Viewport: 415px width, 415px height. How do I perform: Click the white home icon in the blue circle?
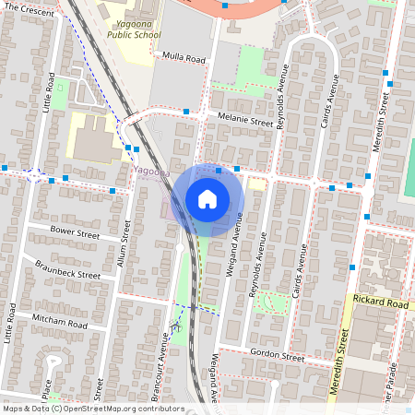click(x=207, y=199)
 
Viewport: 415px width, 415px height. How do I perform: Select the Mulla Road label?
click(x=184, y=57)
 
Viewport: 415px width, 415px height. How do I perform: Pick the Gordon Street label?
click(x=276, y=355)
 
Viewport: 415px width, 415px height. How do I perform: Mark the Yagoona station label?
click(x=150, y=172)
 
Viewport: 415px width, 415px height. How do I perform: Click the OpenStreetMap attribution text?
click(x=92, y=408)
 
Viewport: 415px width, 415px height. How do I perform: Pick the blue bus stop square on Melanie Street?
click(x=187, y=112)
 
